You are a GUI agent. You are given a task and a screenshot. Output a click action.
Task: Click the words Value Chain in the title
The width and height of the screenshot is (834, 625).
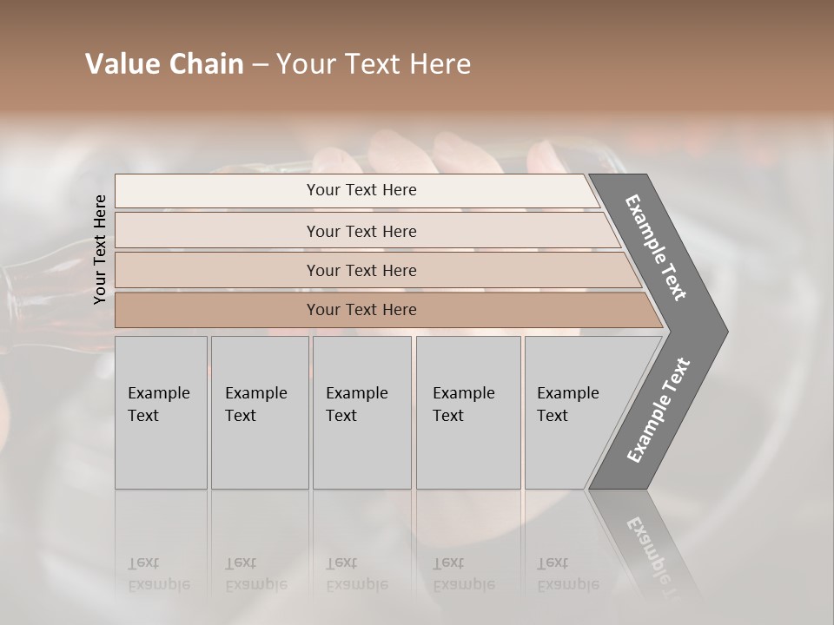click(x=164, y=64)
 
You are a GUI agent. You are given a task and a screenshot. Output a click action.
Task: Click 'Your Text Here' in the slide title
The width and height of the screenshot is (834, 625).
click(x=374, y=64)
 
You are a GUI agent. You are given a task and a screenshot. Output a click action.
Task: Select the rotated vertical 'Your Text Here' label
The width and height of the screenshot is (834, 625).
click(x=100, y=249)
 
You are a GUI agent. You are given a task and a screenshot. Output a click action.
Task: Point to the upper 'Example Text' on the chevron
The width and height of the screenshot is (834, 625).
click(x=656, y=247)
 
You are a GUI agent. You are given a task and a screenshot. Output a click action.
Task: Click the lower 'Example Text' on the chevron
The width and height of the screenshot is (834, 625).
click(x=658, y=411)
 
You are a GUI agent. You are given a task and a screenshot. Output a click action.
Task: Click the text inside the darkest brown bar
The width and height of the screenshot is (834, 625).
click(x=361, y=310)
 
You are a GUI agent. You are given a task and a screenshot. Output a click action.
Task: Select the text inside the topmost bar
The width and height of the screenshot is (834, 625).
click(x=361, y=190)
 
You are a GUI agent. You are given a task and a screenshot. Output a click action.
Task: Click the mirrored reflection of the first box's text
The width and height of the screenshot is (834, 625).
click(x=158, y=574)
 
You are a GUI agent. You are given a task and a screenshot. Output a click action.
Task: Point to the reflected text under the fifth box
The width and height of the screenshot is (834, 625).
click(x=567, y=574)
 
